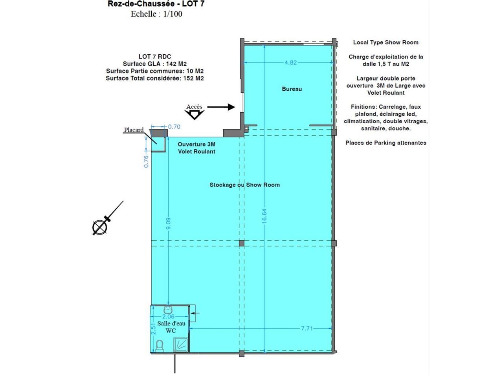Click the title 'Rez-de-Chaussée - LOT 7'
click(156, 4)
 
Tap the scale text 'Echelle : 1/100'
click(156, 14)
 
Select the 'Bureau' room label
click(292, 89)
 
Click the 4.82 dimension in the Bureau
click(290, 62)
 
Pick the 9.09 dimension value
click(169, 223)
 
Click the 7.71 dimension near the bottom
click(307, 328)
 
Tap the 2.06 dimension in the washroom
click(168, 317)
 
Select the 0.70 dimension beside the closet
click(174, 127)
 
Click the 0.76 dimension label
click(146, 161)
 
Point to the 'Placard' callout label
click(134, 130)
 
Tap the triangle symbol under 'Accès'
click(194, 114)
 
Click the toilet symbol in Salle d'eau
click(160, 346)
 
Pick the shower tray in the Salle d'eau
click(181, 345)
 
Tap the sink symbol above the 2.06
click(168, 309)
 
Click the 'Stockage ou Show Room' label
click(244, 185)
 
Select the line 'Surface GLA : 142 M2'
click(154, 64)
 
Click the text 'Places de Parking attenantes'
click(386, 143)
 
